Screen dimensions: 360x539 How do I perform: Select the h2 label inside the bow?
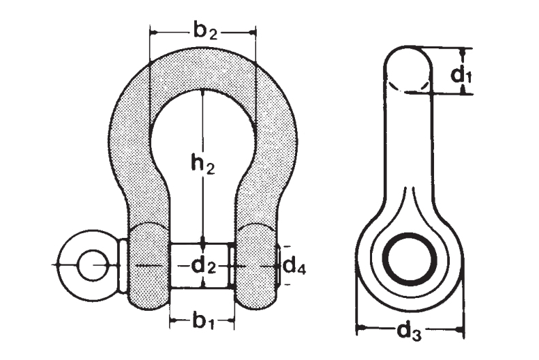[202, 163]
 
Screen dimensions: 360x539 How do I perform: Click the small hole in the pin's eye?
[87, 264]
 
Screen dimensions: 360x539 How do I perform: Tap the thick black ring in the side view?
[410, 259]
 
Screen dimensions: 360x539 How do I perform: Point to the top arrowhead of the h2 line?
[202, 94]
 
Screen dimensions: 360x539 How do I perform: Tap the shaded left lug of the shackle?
[147, 266]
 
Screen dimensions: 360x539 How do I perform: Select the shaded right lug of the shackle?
[258, 266]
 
